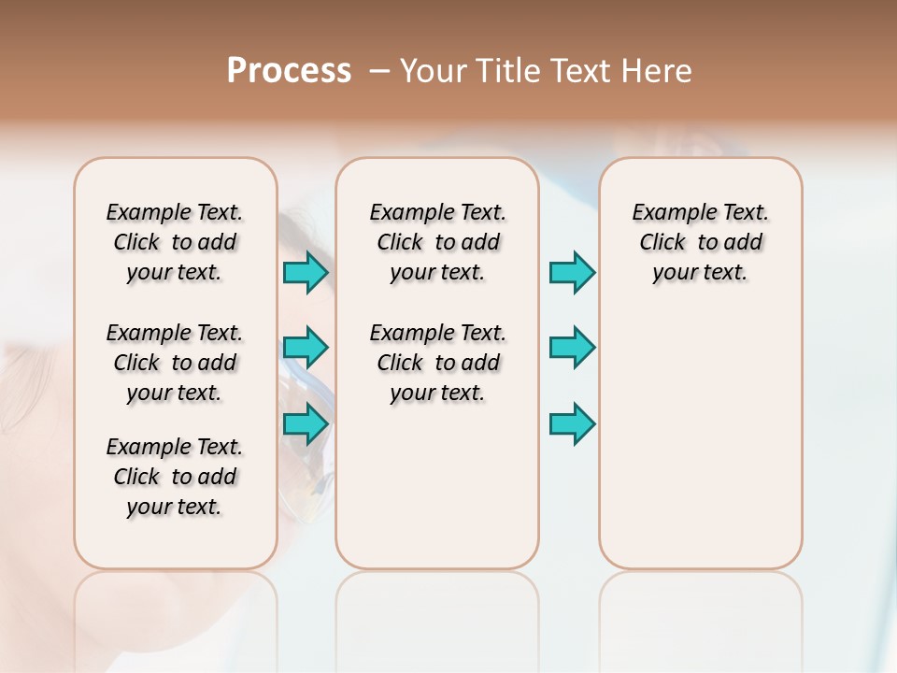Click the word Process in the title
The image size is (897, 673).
click(289, 71)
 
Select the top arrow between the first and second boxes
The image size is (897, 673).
click(306, 272)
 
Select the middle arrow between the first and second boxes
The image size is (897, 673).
click(306, 348)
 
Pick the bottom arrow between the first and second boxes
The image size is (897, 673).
click(306, 424)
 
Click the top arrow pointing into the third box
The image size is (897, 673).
click(572, 272)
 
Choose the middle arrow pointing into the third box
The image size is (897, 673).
click(572, 348)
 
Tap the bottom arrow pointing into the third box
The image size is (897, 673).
click(572, 424)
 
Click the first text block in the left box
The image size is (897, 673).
click(175, 242)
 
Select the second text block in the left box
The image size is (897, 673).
click(175, 363)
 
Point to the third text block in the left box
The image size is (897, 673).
click(175, 477)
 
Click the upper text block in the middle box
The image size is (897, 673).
click(437, 242)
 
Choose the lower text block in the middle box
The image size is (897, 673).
click(437, 363)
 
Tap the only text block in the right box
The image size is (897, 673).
click(700, 242)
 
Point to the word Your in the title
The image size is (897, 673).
click(432, 71)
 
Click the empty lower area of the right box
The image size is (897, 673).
click(700, 449)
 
